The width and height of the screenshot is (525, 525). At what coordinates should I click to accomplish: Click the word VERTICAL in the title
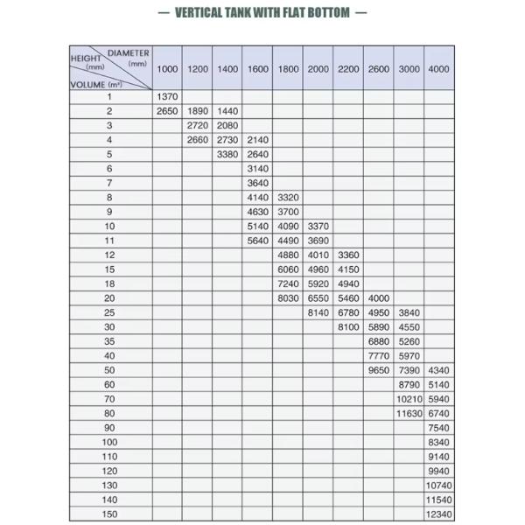[201, 12]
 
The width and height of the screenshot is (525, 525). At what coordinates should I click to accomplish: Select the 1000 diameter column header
[167, 68]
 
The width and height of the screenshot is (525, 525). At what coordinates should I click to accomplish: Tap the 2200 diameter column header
[348, 68]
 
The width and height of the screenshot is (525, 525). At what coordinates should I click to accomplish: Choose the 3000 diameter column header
[409, 68]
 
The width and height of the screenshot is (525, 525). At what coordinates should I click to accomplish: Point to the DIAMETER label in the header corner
[128, 53]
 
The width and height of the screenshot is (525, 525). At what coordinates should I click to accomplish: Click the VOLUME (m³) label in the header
[95, 84]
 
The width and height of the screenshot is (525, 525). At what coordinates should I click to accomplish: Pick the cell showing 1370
[167, 97]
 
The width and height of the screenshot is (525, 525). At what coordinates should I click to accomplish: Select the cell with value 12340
[438, 514]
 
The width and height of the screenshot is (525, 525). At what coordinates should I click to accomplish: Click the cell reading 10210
[409, 399]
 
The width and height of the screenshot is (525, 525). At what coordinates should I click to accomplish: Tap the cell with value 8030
[288, 298]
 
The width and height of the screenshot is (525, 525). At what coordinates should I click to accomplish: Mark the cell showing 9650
[379, 370]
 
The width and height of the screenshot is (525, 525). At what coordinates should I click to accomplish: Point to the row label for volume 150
[109, 514]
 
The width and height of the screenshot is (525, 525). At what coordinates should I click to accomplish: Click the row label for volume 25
[109, 312]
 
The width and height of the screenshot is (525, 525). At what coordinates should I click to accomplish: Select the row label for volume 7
[109, 183]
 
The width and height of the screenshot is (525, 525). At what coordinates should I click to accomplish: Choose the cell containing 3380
[227, 154]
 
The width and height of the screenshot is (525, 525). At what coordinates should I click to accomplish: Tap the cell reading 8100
[348, 327]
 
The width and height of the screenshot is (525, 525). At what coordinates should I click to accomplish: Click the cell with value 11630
[409, 413]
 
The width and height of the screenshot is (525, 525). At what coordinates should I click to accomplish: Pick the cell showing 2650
[167, 111]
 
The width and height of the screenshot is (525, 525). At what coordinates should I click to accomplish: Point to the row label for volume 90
[109, 428]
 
